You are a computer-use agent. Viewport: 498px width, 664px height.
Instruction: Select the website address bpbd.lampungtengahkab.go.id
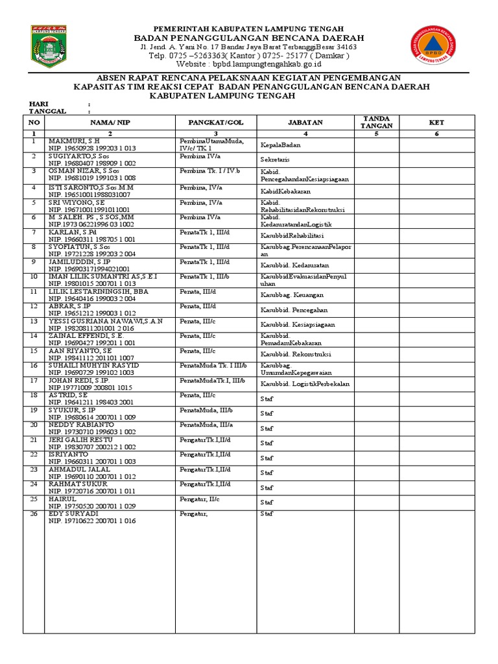(x=259, y=65)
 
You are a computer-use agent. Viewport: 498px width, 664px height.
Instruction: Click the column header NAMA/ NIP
(x=110, y=122)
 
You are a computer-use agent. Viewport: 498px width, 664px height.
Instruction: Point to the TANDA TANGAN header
(x=375, y=122)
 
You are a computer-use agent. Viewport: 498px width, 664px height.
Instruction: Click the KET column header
(x=436, y=122)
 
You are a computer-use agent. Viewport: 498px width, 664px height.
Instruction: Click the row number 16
(x=34, y=365)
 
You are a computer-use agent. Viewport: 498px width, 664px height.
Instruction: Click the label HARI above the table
(x=38, y=104)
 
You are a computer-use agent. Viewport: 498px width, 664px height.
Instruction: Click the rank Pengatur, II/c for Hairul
(x=200, y=499)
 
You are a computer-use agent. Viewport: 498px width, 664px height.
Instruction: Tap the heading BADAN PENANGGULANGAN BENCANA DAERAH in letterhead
(x=249, y=38)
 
